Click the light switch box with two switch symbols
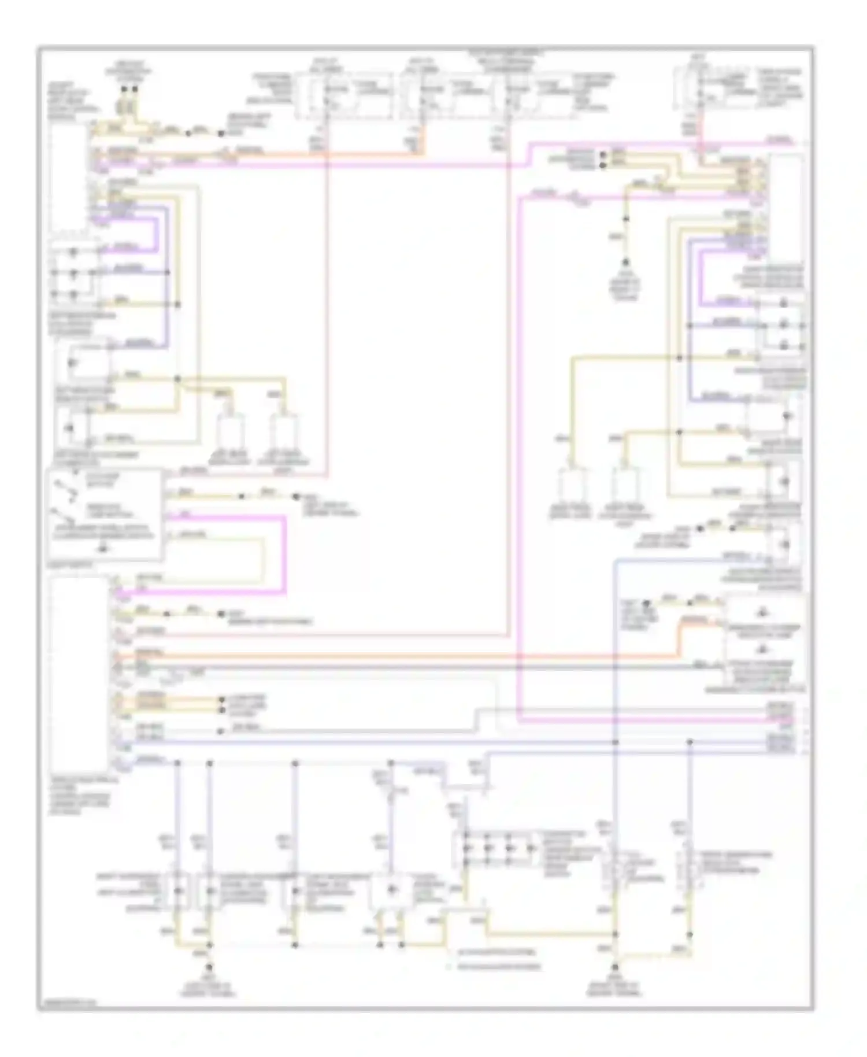104,514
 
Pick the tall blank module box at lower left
79,671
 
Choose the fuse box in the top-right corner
720,90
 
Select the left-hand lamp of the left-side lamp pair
231,431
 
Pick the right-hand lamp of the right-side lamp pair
624,486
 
